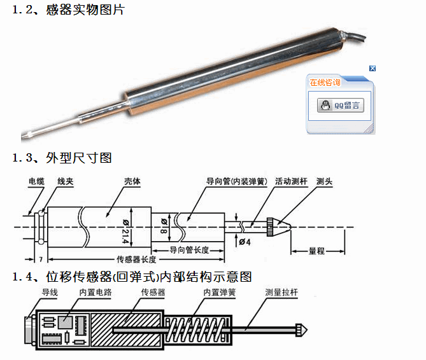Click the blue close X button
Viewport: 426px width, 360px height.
click(373, 68)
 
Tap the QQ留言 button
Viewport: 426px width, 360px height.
click(341, 105)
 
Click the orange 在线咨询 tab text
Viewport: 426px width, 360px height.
click(325, 82)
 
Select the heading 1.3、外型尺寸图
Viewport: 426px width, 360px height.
click(62, 158)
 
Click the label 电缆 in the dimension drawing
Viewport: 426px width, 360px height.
click(37, 181)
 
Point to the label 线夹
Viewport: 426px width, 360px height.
click(66, 181)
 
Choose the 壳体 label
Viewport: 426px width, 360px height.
click(132, 181)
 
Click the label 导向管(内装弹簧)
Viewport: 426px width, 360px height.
click(237, 181)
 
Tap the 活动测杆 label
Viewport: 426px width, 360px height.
click(291, 181)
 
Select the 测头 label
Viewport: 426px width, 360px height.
click(324, 181)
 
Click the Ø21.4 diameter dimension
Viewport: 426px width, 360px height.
click(125, 232)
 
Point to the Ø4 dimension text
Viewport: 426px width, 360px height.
click(245, 242)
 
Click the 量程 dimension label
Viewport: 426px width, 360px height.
click(316, 251)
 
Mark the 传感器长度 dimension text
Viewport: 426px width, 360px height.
click(136, 260)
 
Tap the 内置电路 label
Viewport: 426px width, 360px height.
click(96, 292)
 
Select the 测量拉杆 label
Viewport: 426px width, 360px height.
click(281, 292)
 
